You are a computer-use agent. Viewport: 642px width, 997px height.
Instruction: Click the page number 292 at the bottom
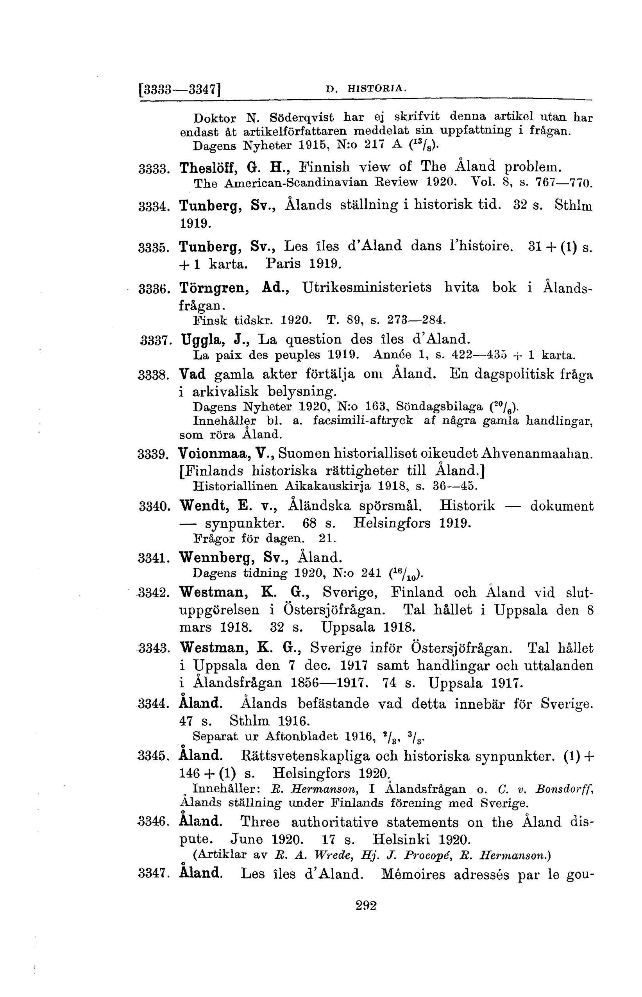366,905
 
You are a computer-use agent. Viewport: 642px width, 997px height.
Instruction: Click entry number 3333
152,169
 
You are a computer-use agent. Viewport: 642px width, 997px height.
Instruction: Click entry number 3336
152,289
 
